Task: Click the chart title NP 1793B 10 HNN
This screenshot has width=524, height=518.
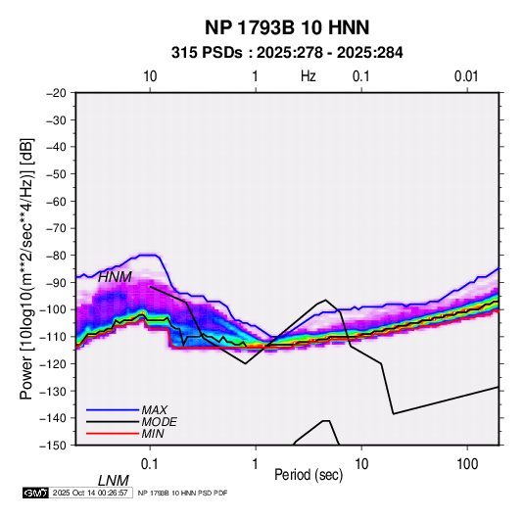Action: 287,27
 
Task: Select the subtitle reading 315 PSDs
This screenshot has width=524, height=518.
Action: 207,53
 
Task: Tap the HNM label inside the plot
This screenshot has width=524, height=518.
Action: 115,277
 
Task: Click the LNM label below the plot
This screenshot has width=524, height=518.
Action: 114,481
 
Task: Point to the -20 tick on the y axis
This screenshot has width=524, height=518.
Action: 56,93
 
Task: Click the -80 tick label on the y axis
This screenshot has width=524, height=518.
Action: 56,256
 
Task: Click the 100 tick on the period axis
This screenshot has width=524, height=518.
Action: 467,464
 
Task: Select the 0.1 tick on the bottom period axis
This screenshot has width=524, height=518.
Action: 150,464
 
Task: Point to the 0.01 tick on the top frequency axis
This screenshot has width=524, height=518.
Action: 466,76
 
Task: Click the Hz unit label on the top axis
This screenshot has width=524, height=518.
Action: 309,76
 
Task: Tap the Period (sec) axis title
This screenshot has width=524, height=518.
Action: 309,475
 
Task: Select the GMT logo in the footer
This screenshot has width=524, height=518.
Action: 35,493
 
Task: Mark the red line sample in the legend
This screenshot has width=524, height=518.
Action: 113,434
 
